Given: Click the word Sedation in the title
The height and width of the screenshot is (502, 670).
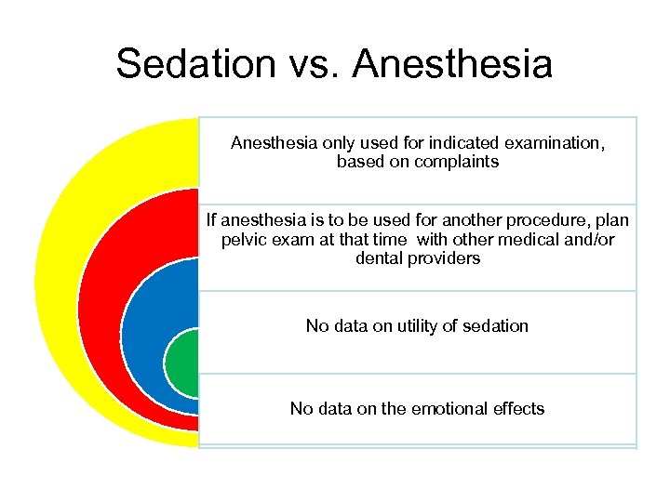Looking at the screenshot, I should coord(196,65).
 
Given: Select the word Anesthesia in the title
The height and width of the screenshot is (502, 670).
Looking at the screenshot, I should coord(452,65).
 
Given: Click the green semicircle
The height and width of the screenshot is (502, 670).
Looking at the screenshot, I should coord(182,363).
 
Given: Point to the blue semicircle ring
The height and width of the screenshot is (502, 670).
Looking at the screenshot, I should coord(144,335).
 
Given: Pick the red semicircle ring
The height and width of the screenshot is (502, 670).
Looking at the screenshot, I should coord(100,307).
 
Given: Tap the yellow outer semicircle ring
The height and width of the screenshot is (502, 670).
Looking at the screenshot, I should coord(56,279).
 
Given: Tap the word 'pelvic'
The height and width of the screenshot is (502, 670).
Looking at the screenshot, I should coord(245,240).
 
